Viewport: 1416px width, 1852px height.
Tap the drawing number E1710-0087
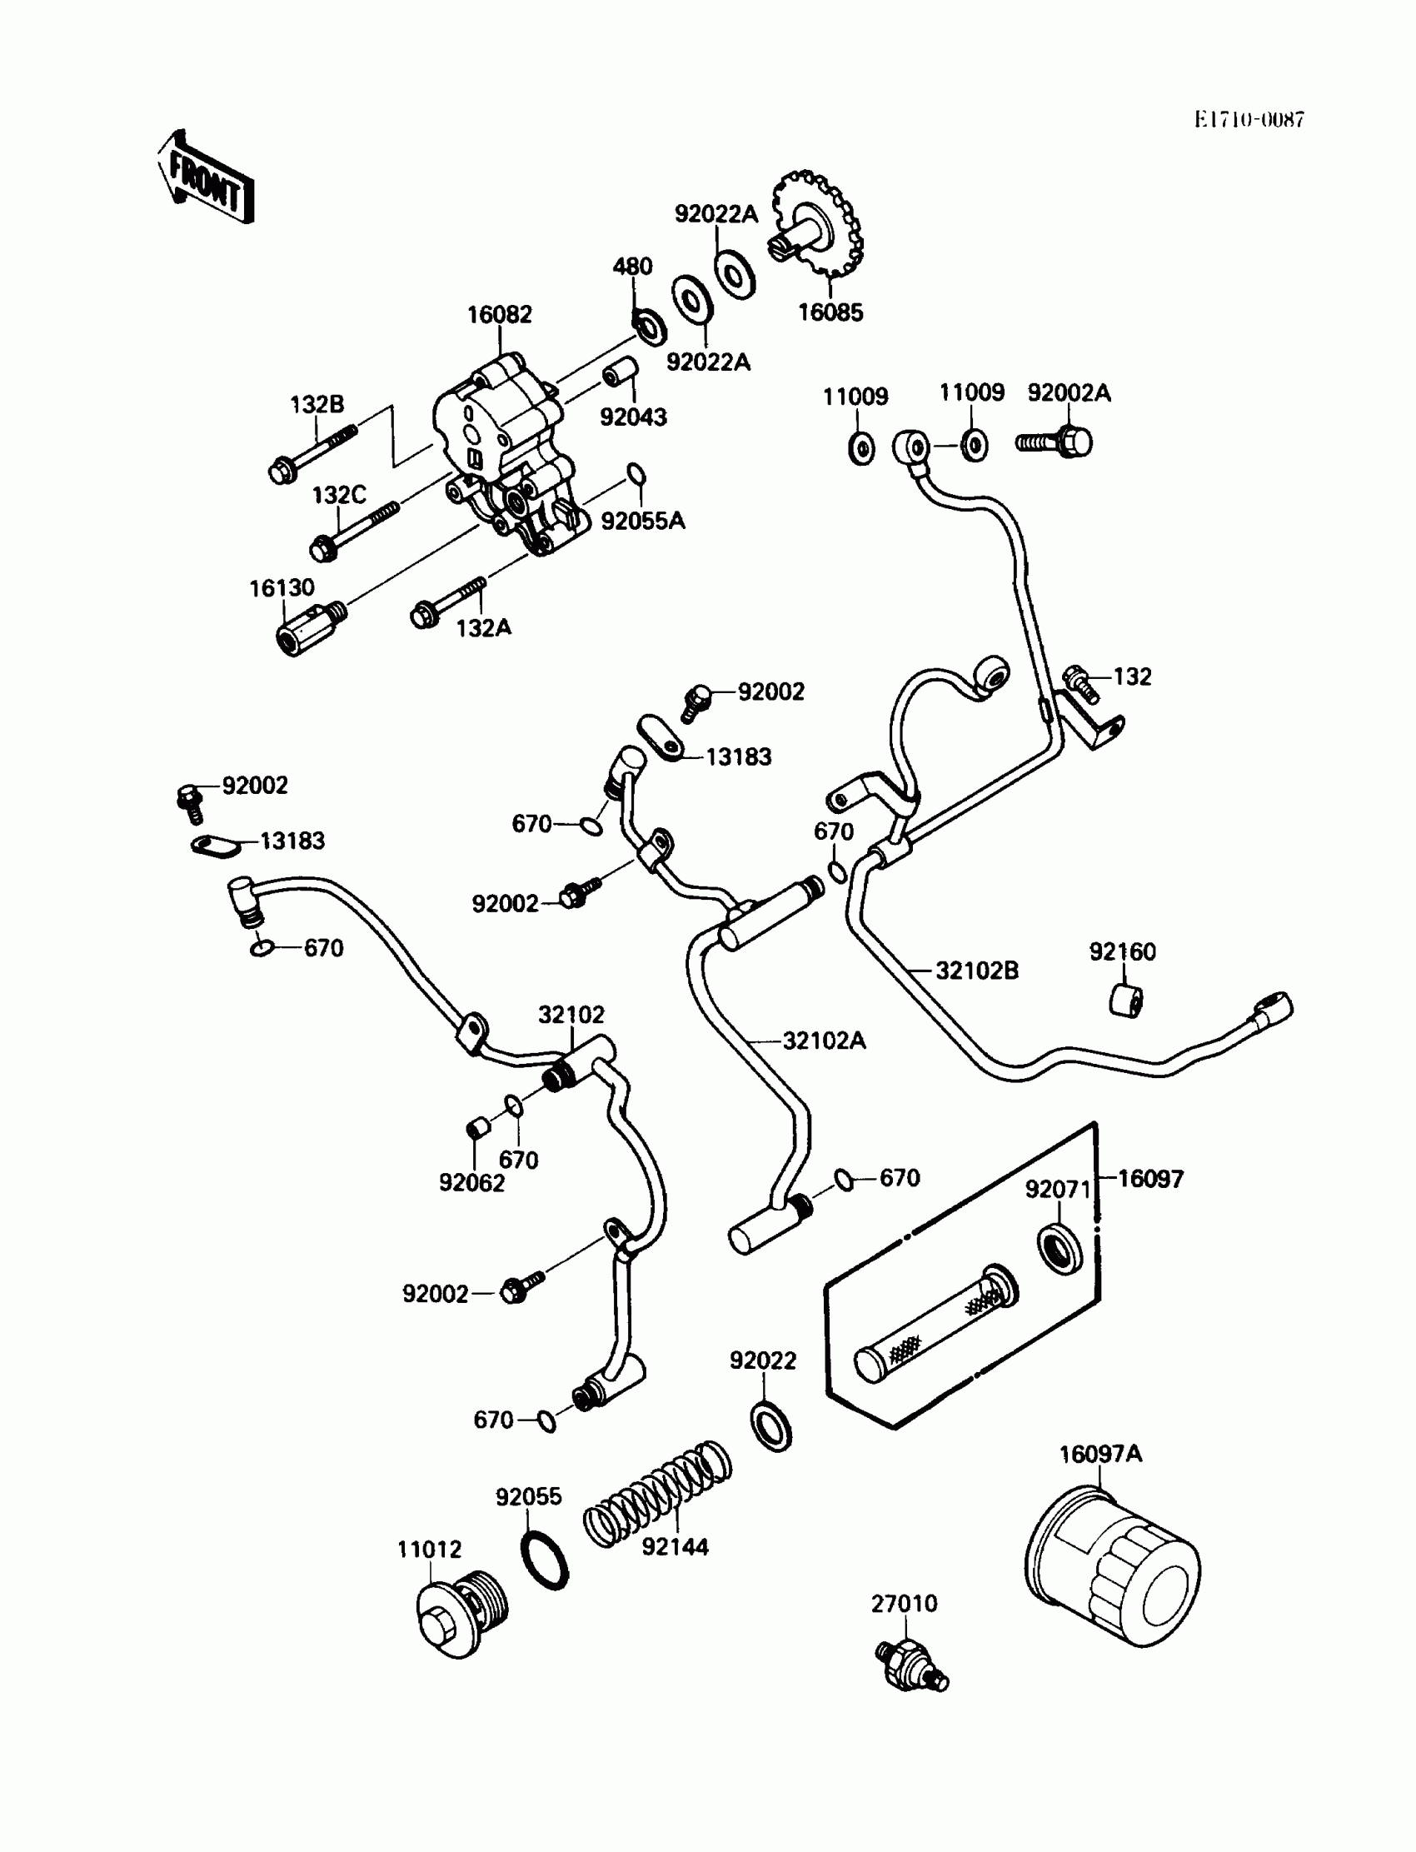tap(1249, 120)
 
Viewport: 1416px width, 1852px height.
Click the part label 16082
tap(499, 314)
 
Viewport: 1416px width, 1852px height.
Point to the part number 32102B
tap(977, 971)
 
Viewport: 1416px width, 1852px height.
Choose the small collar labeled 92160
tap(1125, 1000)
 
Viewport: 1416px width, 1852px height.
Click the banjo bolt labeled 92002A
tap(1055, 442)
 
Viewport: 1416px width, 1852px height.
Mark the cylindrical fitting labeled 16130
tap(307, 628)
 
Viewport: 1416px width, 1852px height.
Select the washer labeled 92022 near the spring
tap(770, 1427)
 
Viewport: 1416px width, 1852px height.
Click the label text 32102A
tap(824, 1041)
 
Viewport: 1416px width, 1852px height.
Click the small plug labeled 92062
tap(477, 1127)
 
